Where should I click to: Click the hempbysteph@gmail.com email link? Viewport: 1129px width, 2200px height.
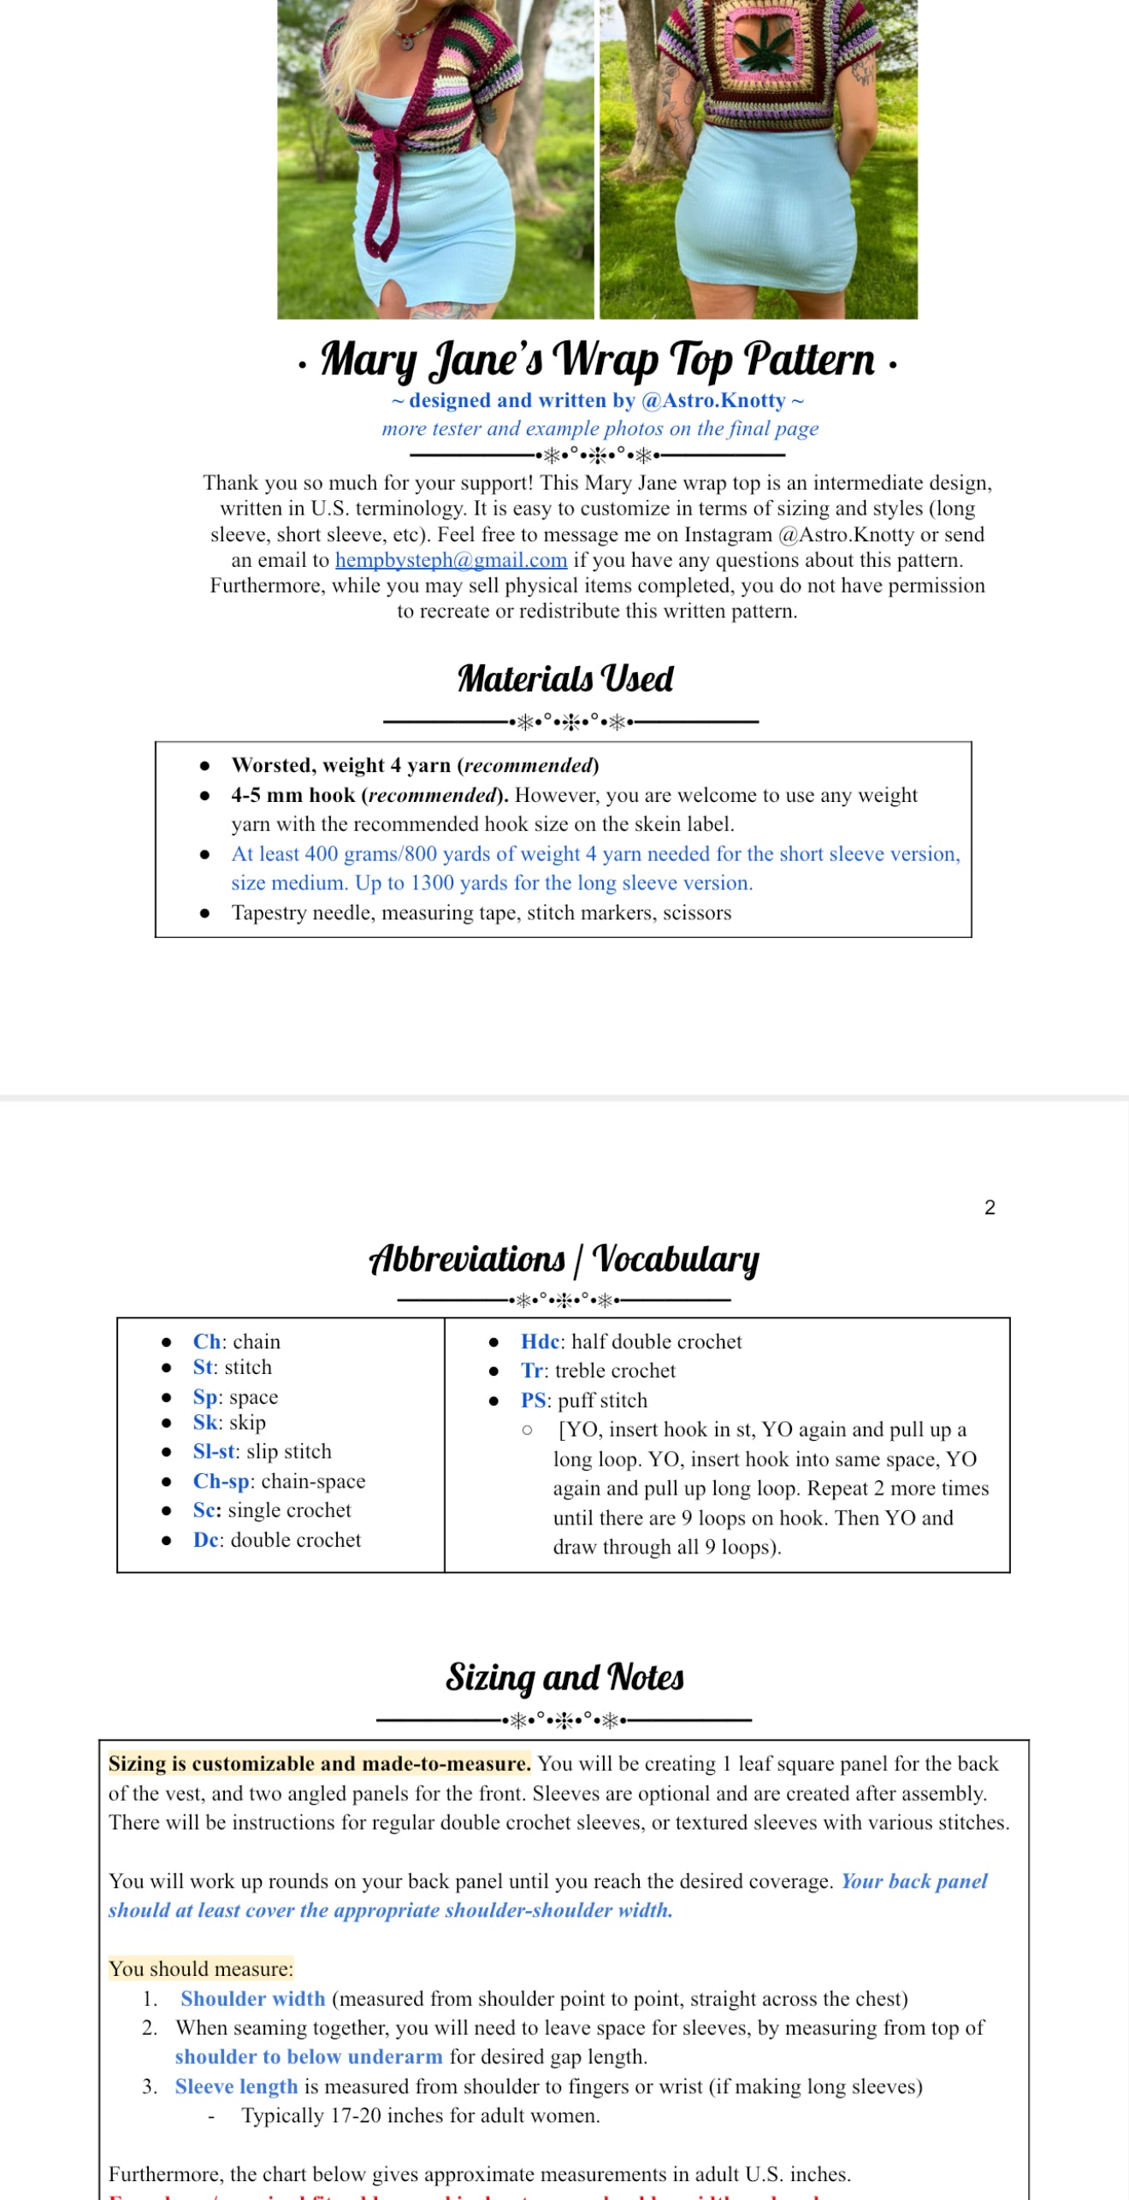[x=451, y=560]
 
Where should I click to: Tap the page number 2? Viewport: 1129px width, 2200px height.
[x=990, y=1207]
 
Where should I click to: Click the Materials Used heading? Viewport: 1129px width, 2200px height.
[x=564, y=679]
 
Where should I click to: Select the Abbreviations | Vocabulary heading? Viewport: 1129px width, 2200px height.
[x=564, y=1259]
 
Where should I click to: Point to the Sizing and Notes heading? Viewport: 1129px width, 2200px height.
[x=564, y=1678]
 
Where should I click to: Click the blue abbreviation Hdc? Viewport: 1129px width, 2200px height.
[x=540, y=1342]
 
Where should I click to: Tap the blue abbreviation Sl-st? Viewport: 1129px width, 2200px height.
[x=214, y=1451]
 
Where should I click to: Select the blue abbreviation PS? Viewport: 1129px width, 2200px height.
[x=533, y=1401]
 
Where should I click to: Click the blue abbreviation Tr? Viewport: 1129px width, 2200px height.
[x=531, y=1371]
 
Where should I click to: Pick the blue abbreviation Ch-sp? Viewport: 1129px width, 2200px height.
[x=221, y=1481]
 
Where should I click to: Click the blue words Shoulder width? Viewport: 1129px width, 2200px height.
[x=253, y=1998]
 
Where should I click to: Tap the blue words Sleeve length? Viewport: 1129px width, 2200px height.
[x=237, y=2086]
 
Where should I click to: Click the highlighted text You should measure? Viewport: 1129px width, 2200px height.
[x=201, y=1969]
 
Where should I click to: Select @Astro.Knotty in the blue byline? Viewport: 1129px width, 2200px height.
[x=713, y=400]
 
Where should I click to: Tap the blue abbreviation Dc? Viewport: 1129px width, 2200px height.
[x=206, y=1540]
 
